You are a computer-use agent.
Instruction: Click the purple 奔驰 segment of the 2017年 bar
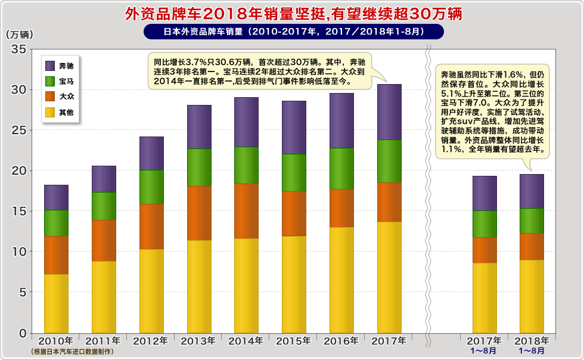click(389, 112)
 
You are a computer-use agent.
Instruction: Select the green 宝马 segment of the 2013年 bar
click(199, 167)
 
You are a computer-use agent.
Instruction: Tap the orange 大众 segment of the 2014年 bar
click(246, 211)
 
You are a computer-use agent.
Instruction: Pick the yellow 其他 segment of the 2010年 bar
click(56, 303)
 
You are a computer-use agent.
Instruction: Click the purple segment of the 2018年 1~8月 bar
click(532, 191)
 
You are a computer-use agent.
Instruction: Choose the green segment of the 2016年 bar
click(341, 169)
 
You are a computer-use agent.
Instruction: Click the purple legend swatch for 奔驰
click(50, 66)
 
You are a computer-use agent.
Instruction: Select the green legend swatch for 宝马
click(50, 81)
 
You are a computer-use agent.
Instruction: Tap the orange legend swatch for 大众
click(50, 96)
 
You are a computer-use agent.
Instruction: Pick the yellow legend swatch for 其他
click(50, 111)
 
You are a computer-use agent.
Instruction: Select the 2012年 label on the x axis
click(151, 341)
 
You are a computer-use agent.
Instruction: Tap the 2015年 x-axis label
click(294, 341)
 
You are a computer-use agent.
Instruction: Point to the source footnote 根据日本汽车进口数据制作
click(72, 352)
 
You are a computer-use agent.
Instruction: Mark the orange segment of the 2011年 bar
click(104, 241)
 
